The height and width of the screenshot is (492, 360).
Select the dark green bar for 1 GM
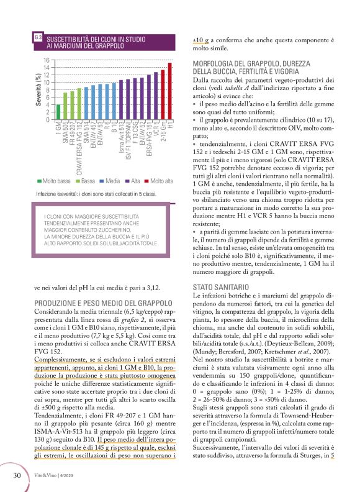pyautogui.click(x=58, y=112)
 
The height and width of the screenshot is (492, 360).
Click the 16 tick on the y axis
pyautogui.click(x=46, y=60)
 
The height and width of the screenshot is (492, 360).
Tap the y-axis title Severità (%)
pyautogui.click(x=39, y=90)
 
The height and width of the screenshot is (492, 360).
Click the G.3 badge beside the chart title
pyautogui.click(x=38, y=40)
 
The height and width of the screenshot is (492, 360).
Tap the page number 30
pyautogui.click(x=19, y=475)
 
